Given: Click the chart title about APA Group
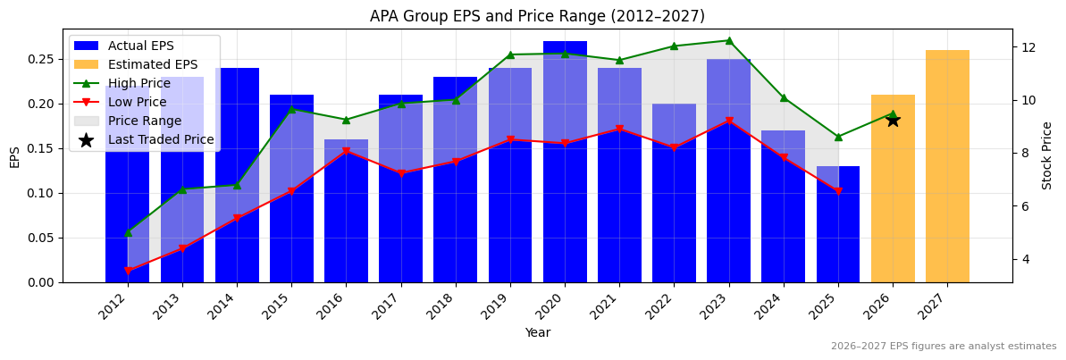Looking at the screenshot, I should pos(537,16).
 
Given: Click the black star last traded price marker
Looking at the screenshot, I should pos(893,120).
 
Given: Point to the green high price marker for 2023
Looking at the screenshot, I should pos(729,40).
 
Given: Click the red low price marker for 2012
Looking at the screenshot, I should pos(128,271).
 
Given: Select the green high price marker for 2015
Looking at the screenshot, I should pos(291,109).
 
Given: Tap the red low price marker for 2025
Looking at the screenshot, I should pos(838,191).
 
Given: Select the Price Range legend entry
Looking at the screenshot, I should pos(144,121).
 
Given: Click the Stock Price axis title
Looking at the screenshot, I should pos(1047,155).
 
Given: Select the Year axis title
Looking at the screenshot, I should pos(537,333).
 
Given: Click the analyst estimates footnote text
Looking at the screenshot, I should pos(943,347).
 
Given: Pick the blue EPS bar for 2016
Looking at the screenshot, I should pos(346,214).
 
